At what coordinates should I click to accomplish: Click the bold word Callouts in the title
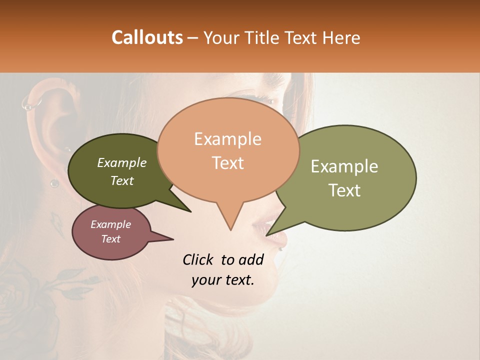(147, 37)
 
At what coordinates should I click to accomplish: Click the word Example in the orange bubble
(228, 139)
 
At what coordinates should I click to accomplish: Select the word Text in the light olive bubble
(345, 190)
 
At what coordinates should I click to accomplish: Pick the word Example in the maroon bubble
(110, 224)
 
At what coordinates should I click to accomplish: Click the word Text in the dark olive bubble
(122, 181)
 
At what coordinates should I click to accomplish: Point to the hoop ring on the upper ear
(31, 104)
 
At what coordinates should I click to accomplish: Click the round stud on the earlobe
(54, 183)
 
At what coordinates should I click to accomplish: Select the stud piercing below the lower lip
(281, 248)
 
